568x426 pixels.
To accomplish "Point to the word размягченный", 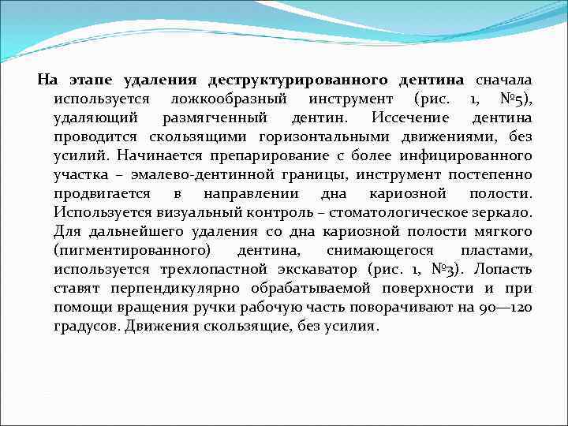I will coord(210,118).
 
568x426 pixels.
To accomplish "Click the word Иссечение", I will coord(399,118).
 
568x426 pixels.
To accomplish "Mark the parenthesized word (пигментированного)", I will coord(132,250).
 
